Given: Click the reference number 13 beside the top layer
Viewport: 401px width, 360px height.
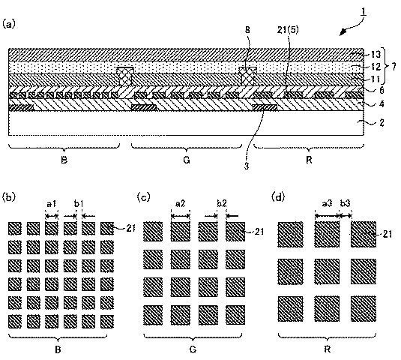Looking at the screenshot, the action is pyautogui.click(x=376, y=54).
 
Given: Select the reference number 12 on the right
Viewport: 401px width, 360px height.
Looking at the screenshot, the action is pyautogui.click(x=376, y=67).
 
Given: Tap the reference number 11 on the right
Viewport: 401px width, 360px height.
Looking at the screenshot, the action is pyautogui.click(x=376, y=79).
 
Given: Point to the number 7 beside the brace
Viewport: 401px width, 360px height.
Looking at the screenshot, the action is pyautogui.click(x=394, y=67).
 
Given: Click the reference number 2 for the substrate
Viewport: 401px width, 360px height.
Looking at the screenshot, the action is pyautogui.click(x=382, y=122).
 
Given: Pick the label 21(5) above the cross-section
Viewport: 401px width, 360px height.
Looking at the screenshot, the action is pyautogui.click(x=288, y=30).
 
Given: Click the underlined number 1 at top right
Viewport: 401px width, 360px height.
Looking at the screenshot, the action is pyautogui.click(x=364, y=12).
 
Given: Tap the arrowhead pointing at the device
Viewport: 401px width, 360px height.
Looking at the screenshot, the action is pyautogui.click(x=343, y=32).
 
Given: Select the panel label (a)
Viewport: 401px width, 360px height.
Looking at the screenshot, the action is pyautogui.click(x=9, y=24).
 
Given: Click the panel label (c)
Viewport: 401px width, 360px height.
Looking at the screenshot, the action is pyautogui.click(x=143, y=197).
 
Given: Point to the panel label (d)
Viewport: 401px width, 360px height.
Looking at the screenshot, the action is pyautogui.click(x=278, y=197).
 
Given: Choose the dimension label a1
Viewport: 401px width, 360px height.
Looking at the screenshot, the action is pyautogui.click(x=52, y=204).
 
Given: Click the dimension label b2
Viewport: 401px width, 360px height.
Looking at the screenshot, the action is pyautogui.click(x=222, y=203).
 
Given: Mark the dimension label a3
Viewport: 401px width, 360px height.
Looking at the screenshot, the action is pyautogui.click(x=327, y=203).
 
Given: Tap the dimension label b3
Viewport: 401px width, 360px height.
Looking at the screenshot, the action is pyautogui.click(x=345, y=203).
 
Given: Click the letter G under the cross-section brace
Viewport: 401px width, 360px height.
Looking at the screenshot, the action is pyautogui.click(x=187, y=160).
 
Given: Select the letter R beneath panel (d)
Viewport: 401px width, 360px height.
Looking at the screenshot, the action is pyautogui.click(x=327, y=349).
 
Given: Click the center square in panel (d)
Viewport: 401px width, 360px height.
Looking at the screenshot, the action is pyautogui.click(x=327, y=271).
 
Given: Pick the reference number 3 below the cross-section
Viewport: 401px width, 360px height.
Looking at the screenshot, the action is pyautogui.click(x=247, y=166).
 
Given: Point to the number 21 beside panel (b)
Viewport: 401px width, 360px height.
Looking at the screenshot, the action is pyautogui.click(x=130, y=228).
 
